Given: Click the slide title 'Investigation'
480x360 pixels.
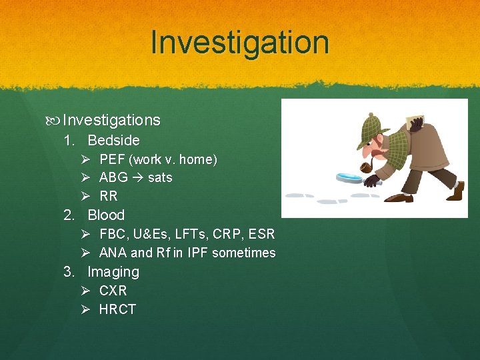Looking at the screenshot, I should click(x=240, y=42).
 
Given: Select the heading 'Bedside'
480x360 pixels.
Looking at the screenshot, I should click(x=113, y=140).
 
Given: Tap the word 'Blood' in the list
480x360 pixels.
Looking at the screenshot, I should click(x=106, y=215).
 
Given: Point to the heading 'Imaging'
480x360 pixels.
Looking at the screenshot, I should click(x=113, y=272).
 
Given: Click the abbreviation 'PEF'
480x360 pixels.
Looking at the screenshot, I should click(x=112, y=159).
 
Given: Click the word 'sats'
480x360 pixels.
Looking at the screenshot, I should click(x=160, y=177).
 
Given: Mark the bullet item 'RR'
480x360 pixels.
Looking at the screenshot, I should click(x=108, y=196).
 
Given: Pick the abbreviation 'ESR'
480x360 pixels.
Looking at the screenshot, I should click(x=261, y=234).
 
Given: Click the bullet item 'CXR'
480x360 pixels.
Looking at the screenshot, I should click(x=113, y=291).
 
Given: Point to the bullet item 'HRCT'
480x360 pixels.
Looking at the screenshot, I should click(x=117, y=309).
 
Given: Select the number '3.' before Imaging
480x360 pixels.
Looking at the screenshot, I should click(x=69, y=272).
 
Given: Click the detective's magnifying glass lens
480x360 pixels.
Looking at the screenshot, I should click(x=349, y=177).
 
